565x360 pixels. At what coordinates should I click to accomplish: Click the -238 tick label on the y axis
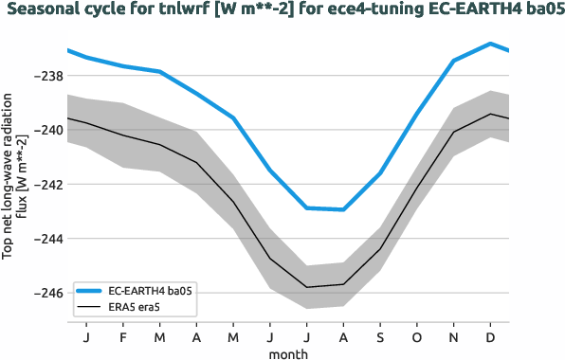point(46,76)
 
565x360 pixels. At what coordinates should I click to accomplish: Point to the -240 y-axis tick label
point(46,130)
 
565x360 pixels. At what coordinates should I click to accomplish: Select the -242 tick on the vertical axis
point(46,184)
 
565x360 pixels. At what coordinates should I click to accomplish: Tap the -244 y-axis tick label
point(46,238)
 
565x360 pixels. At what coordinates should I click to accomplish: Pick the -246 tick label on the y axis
point(46,293)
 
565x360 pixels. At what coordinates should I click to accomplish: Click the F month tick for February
point(123,336)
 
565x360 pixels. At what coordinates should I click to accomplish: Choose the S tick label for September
point(380,336)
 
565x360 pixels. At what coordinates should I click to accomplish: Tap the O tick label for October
point(417,336)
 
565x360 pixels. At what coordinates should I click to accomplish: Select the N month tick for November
point(453,336)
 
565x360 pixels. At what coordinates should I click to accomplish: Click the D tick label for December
point(490,336)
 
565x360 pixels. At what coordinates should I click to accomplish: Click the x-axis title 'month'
point(288,352)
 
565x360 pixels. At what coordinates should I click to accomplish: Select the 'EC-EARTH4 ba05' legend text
point(151,291)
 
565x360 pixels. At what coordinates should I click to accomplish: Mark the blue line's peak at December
point(490,44)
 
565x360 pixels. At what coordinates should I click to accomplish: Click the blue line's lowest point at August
point(343,209)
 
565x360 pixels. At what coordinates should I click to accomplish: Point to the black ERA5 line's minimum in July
point(307,286)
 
